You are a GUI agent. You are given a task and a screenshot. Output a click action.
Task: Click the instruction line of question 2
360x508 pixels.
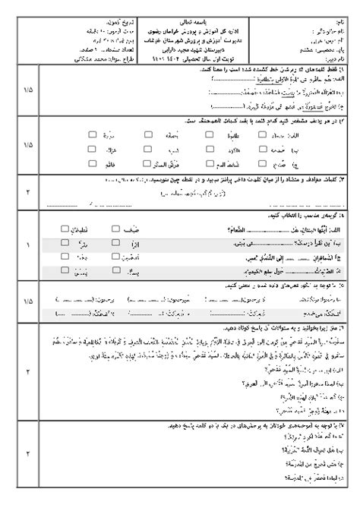coord(251,120)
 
